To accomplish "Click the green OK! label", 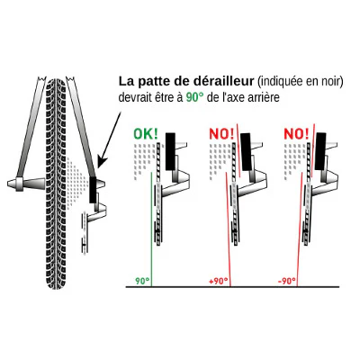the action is tap(146, 134).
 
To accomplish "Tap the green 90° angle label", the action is tap(142, 282).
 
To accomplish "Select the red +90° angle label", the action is tap(219, 282).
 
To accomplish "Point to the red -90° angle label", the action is tap(286, 282).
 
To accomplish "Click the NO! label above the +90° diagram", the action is tap(221, 134).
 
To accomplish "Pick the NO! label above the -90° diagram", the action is tap(296, 134).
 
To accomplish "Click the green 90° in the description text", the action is tap(194, 97).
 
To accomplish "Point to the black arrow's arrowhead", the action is tap(102, 162).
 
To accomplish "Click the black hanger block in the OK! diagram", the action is tap(170, 151).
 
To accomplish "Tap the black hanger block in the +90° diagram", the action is tap(247, 151).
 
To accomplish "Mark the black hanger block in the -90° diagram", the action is tap(320, 151).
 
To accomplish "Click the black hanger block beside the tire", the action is tap(93, 190).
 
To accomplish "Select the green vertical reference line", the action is tap(151, 229).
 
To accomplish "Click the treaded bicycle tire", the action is tap(56, 183).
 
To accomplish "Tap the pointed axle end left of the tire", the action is tap(12, 183).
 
